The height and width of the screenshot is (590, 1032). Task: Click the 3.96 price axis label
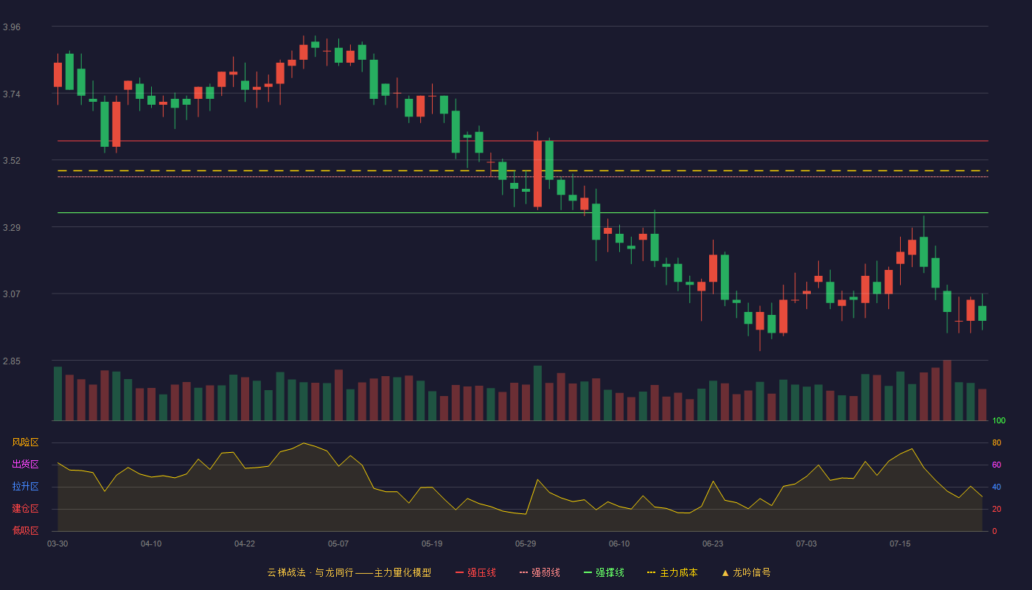(x=12, y=27)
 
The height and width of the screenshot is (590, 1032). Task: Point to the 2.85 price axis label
(x=12, y=361)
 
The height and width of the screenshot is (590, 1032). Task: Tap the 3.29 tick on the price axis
(x=12, y=228)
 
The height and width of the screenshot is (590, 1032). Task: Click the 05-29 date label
(x=525, y=544)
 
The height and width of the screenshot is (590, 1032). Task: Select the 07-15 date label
(x=900, y=544)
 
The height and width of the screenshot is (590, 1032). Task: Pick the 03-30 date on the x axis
(x=57, y=544)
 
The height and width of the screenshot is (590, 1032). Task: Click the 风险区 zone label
(x=25, y=442)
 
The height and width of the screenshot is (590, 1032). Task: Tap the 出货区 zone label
(x=25, y=464)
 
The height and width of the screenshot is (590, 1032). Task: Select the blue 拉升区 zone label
(x=25, y=486)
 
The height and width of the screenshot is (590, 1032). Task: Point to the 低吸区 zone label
(x=25, y=530)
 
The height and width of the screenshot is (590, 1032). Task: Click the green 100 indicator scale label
(x=999, y=420)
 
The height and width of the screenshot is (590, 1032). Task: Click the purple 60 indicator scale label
(x=997, y=465)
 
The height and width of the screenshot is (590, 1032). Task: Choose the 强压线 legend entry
(x=475, y=572)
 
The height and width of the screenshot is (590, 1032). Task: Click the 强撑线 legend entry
(x=604, y=572)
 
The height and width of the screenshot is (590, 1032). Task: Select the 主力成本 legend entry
(x=672, y=572)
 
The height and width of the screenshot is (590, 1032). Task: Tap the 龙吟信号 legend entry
(x=746, y=572)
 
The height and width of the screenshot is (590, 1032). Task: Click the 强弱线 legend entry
(x=540, y=572)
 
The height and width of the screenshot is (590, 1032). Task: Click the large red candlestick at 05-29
(x=537, y=174)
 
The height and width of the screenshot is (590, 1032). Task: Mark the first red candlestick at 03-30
(x=57, y=74)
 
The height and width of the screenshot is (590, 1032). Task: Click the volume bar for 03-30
(x=57, y=394)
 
